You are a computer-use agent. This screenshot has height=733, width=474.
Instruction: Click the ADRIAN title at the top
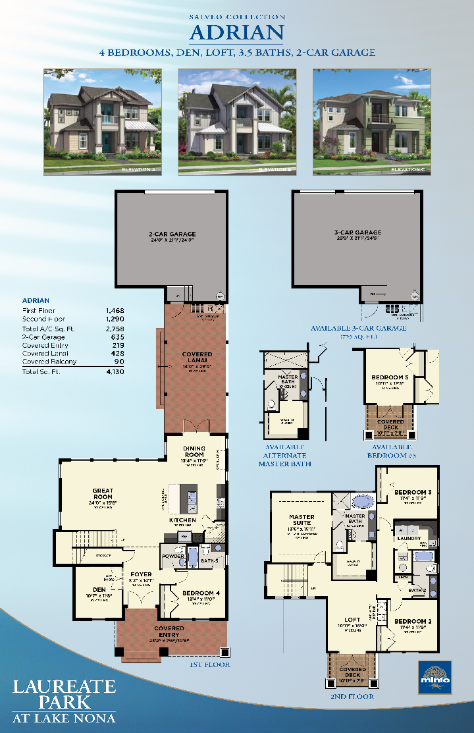click(237, 32)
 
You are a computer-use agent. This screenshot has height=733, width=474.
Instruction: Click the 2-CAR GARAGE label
click(172, 234)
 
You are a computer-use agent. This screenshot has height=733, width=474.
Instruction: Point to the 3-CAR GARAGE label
click(358, 232)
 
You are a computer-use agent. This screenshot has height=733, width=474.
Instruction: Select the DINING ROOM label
click(194, 452)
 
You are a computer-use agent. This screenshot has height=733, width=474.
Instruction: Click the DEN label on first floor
click(99, 589)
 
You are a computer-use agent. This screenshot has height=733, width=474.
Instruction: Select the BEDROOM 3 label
click(413, 492)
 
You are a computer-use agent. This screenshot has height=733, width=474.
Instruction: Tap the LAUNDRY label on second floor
click(409, 538)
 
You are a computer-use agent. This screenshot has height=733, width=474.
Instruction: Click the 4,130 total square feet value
click(115, 372)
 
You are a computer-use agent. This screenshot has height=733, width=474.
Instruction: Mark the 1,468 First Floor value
click(115, 310)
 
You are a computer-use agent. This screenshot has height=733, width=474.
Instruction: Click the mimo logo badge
click(434, 676)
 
